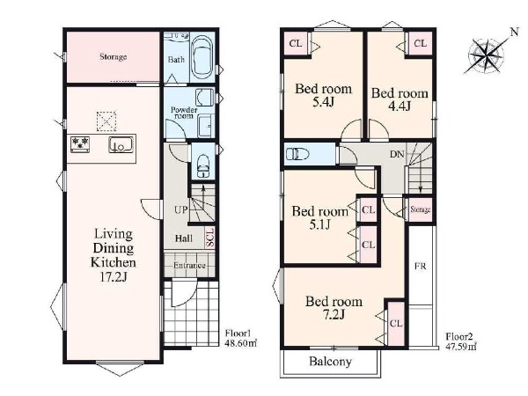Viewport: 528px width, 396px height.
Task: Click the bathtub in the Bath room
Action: coord(202,57)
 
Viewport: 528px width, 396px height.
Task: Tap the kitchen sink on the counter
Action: coord(121,145)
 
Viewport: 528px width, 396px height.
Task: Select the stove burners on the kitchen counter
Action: coord(80,144)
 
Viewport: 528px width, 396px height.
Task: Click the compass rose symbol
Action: coord(486,55)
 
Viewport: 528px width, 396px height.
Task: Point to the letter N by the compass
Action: coord(514,33)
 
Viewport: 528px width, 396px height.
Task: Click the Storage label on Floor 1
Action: coord(114,56)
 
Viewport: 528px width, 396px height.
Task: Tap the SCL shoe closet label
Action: coord(209,238)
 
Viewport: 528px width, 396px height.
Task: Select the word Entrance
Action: coord(189,266)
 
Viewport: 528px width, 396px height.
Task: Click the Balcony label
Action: coord(330,362)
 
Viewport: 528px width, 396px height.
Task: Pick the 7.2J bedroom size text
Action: coord(334,315)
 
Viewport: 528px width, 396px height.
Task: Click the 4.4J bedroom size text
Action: coord(400,106)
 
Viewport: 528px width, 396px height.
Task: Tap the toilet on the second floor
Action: coord(298,155)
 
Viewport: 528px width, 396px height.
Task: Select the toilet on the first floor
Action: coord(203,165)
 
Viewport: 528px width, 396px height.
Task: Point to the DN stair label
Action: coord(397,155)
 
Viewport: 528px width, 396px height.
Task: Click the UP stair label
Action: coord(181,210)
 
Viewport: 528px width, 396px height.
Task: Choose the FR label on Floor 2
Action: coord(421,267)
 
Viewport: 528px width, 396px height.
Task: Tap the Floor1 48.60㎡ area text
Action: coord(241,339)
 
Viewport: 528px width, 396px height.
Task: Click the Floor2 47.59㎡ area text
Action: coord(461,341)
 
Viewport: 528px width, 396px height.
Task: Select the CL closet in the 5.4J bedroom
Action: coord(296,43)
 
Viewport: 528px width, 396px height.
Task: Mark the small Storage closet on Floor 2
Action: coord(421,209)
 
